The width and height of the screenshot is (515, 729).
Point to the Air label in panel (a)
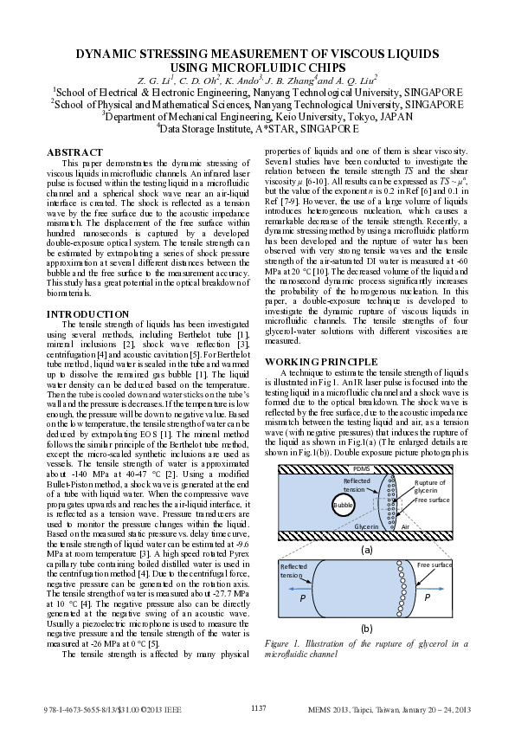click(405, 526)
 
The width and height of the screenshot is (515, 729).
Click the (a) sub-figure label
click(366, 548)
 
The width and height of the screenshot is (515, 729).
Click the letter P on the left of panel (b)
click(302, 597)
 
